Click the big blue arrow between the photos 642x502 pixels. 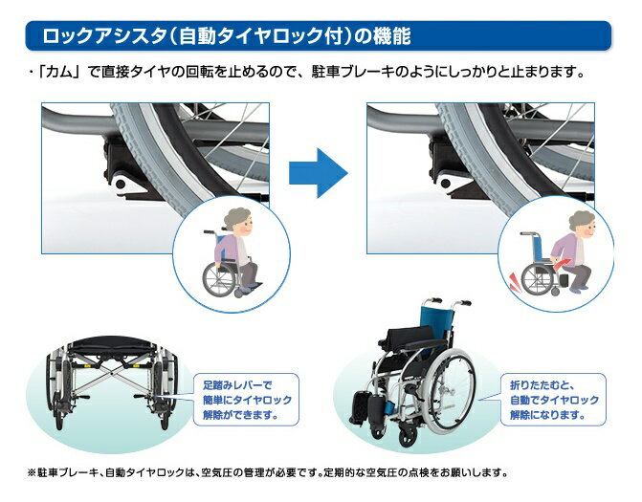[x=319, y=173]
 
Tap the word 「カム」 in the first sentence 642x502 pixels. [x=57, y=72]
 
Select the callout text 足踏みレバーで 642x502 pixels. [x=237, y=385]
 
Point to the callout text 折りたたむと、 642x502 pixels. [x=542, y=385]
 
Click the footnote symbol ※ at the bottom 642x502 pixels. [x=32, y=473]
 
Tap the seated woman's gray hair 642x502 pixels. [x=235, y=218]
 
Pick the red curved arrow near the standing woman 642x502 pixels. [x=560, y=265]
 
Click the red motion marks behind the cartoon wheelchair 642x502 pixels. [x=515, y=282]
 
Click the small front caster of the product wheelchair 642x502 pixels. [x=408, y=437]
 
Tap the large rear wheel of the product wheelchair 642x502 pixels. [x=450, y=389]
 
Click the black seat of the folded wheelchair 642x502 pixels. [x=111, y=346]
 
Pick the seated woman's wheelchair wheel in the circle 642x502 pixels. [x=219, y=279]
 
